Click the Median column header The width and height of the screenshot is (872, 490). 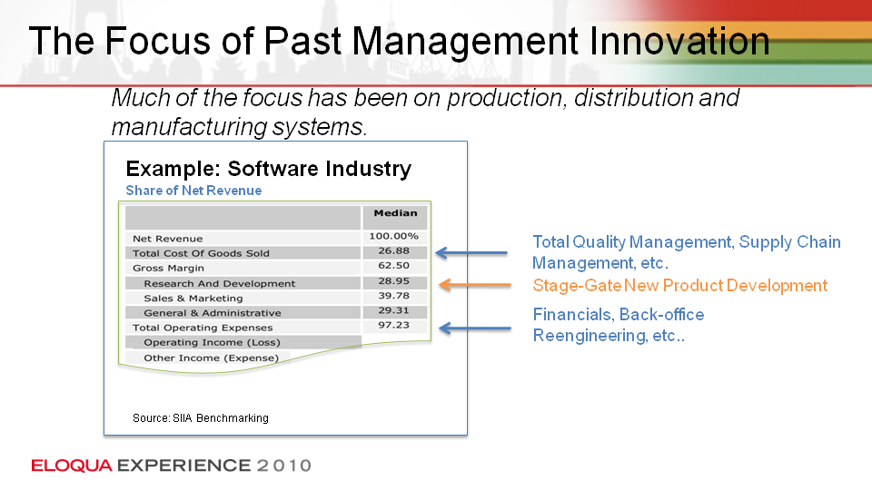coord(395,212)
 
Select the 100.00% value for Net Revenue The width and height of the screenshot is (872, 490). coord(393,236)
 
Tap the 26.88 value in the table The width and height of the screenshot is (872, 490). coord(393,251)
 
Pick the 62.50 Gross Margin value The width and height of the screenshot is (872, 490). coord(393,266)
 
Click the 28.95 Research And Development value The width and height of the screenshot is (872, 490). coord(393,281)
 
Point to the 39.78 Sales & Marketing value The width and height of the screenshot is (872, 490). coord(393,296)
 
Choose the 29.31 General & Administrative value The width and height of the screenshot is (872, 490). coord(393,310)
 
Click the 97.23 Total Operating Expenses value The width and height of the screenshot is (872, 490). coord(393,325)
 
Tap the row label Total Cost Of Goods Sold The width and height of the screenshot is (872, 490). coord(201,253)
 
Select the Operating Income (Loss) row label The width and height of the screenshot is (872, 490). coord(212,343)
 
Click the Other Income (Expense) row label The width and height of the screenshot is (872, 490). coord(212,358)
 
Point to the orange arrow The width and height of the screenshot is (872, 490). coord(474,285)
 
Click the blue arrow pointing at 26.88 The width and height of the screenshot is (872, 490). coord(471,253)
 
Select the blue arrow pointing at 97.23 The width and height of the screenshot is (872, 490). coord(474,328)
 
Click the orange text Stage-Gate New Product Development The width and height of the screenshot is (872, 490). coord(680,286)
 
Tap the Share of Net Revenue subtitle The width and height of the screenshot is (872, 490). coord(193,191)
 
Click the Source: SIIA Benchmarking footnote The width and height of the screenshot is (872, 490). coord(200,417)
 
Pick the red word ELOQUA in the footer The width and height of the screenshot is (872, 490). coord(72,465)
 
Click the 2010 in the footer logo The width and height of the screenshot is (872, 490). coord(283,465)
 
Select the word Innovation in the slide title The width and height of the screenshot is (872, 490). coord(679,41)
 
